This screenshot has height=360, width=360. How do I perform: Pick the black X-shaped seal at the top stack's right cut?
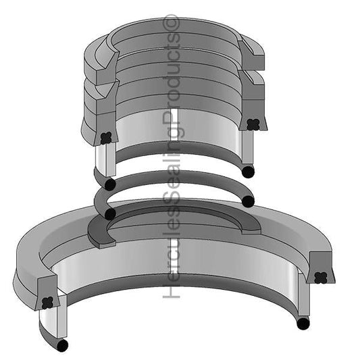coord(254,124)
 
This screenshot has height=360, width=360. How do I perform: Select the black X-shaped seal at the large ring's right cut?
coord(322,276)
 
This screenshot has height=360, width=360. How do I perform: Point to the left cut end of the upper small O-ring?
coord(110,183)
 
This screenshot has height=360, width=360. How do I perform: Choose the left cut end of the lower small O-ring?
coord(110,213)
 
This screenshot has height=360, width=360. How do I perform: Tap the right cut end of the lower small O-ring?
coord(248,201)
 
